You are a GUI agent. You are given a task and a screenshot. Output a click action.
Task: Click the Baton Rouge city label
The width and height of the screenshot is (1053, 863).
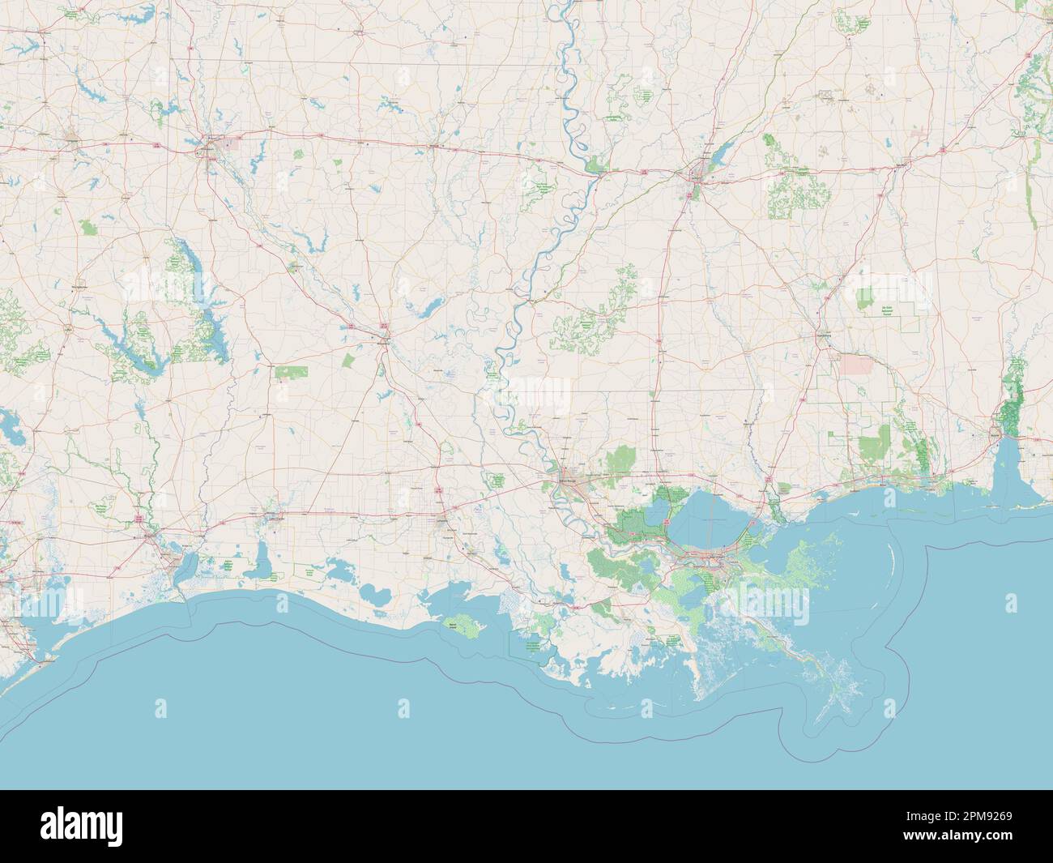coord(569,481)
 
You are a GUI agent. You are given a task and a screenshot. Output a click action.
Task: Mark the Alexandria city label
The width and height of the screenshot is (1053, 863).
coord(384,335)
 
